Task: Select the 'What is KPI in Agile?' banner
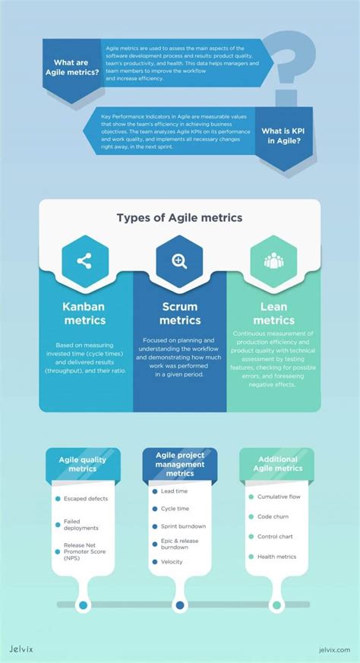(286, 135)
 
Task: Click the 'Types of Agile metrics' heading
(179, 218)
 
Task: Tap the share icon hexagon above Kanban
(84, 261)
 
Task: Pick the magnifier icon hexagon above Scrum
(179, 261)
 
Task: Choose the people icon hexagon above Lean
(273, 261)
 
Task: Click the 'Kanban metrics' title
(84, 314)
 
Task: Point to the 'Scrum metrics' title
(179, 314)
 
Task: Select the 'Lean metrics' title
(273, 314)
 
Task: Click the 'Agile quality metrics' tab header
(83, 463)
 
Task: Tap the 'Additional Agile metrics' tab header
(277, 463)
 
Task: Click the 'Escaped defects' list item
(86, 498)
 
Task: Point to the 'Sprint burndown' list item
(182, 526)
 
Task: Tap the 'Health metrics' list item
(276, 557)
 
